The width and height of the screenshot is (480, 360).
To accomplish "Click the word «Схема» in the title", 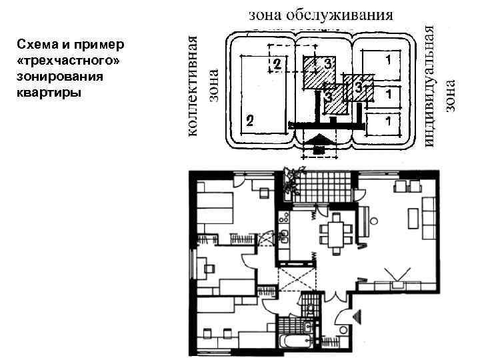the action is pos(37,45).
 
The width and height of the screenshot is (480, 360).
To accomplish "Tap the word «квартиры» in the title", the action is pos(49,93).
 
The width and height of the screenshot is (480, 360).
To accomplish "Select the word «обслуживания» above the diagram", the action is pos(339,15).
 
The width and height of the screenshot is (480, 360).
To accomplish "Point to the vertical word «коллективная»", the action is pos(192,86).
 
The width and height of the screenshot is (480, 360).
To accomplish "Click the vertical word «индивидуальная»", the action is pos(429,86).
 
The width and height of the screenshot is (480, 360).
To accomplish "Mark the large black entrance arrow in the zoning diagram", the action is pos(319,141).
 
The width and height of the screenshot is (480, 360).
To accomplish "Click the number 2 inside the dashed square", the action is pos(277,64).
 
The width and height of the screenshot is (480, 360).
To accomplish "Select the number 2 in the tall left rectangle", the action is pos(250,120).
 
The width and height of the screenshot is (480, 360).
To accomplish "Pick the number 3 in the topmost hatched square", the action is pos(327,64).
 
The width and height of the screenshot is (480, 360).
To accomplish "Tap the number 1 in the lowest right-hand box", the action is pos(389,121).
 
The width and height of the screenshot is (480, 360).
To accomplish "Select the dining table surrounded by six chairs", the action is pos(336,234).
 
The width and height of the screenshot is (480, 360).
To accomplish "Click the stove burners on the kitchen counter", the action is pos(283,218).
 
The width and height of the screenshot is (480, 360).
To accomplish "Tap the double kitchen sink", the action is pos(284,236).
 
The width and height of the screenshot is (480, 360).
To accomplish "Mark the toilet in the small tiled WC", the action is pos(310,309).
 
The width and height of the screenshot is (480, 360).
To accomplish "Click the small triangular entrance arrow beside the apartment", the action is pos(357,316).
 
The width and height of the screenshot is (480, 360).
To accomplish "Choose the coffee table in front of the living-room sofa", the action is pos(413,218).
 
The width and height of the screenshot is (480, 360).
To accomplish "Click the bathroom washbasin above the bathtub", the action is pos(307,326).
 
